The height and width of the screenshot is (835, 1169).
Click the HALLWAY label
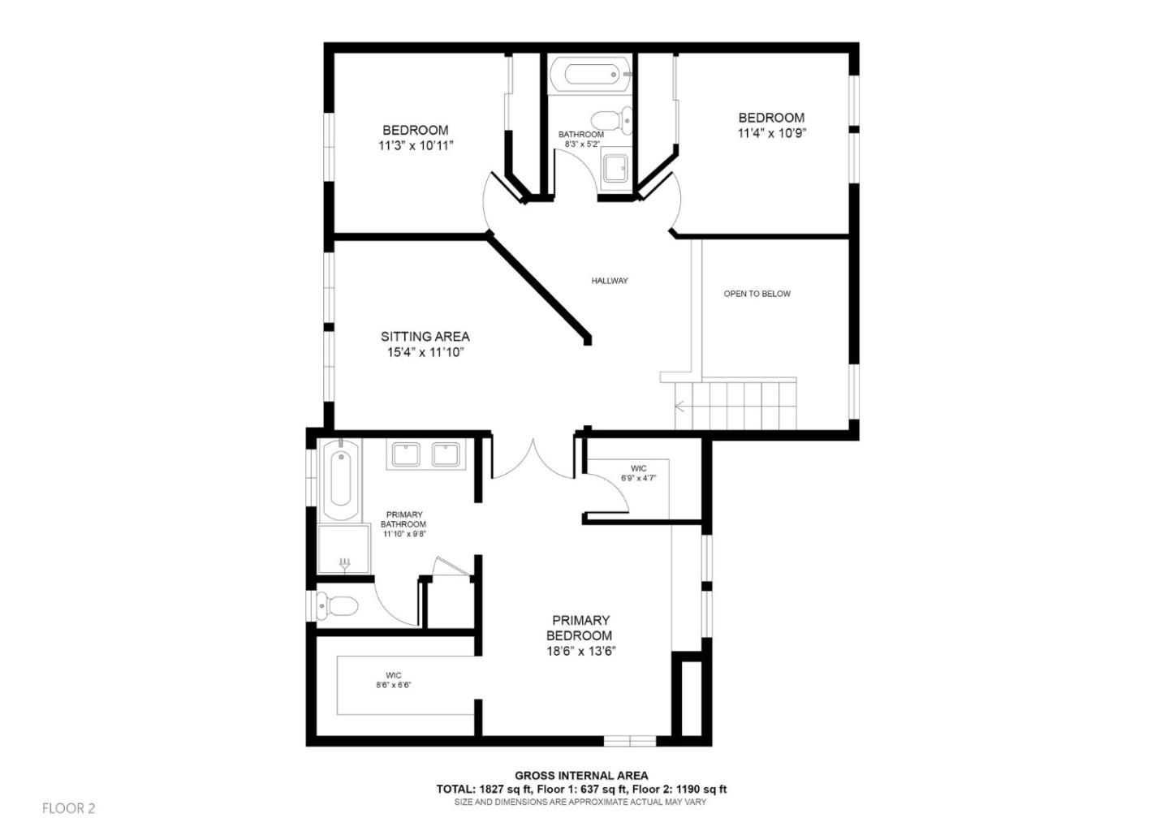(x=609, y=281)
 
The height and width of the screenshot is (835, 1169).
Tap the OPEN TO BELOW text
(x=757, y=294)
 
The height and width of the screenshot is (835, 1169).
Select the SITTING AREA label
(x=425, y=336)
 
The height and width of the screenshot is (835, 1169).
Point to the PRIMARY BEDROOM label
(x=579, y=628)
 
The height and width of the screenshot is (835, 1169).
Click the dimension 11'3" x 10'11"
(x=415, y=146)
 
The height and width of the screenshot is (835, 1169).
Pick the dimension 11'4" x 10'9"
(x=771, y=133)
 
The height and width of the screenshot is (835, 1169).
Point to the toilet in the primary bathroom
(x=337, y=605)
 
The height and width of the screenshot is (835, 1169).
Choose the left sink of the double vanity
(x=405, y=454)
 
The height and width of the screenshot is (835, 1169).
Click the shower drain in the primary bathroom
(x=345, y=562)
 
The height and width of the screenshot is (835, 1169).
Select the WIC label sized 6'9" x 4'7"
(x=639, y=468)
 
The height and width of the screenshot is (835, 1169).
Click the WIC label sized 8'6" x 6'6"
(x=394, y=675)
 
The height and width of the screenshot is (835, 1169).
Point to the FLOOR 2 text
(x=69, y=808)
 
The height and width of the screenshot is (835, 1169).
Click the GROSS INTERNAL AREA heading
(x=581, y=776)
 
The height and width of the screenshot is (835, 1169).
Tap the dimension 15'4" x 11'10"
(x=425, y=352)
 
